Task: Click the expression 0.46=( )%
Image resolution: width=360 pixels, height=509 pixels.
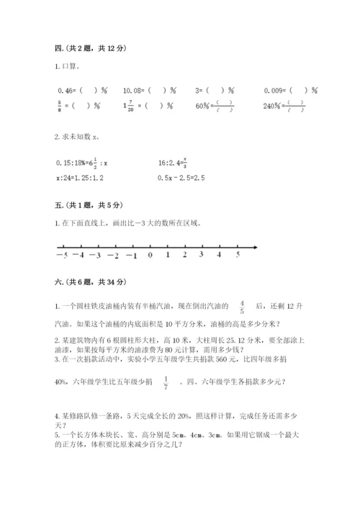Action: [x=81, y=90]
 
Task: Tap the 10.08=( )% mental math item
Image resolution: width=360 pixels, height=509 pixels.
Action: [x=149, y=90]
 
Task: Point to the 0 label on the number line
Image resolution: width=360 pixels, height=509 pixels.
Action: [x=150, y=255]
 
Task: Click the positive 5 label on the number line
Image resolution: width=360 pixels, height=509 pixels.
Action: [x=238, y=255]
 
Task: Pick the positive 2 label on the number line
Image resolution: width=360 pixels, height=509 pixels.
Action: [x=185, y=255]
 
